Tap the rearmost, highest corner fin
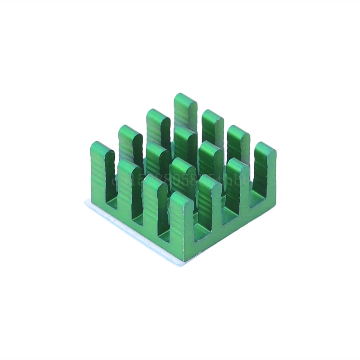185,112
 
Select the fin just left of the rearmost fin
158,126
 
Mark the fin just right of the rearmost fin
213,128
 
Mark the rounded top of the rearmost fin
185,97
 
